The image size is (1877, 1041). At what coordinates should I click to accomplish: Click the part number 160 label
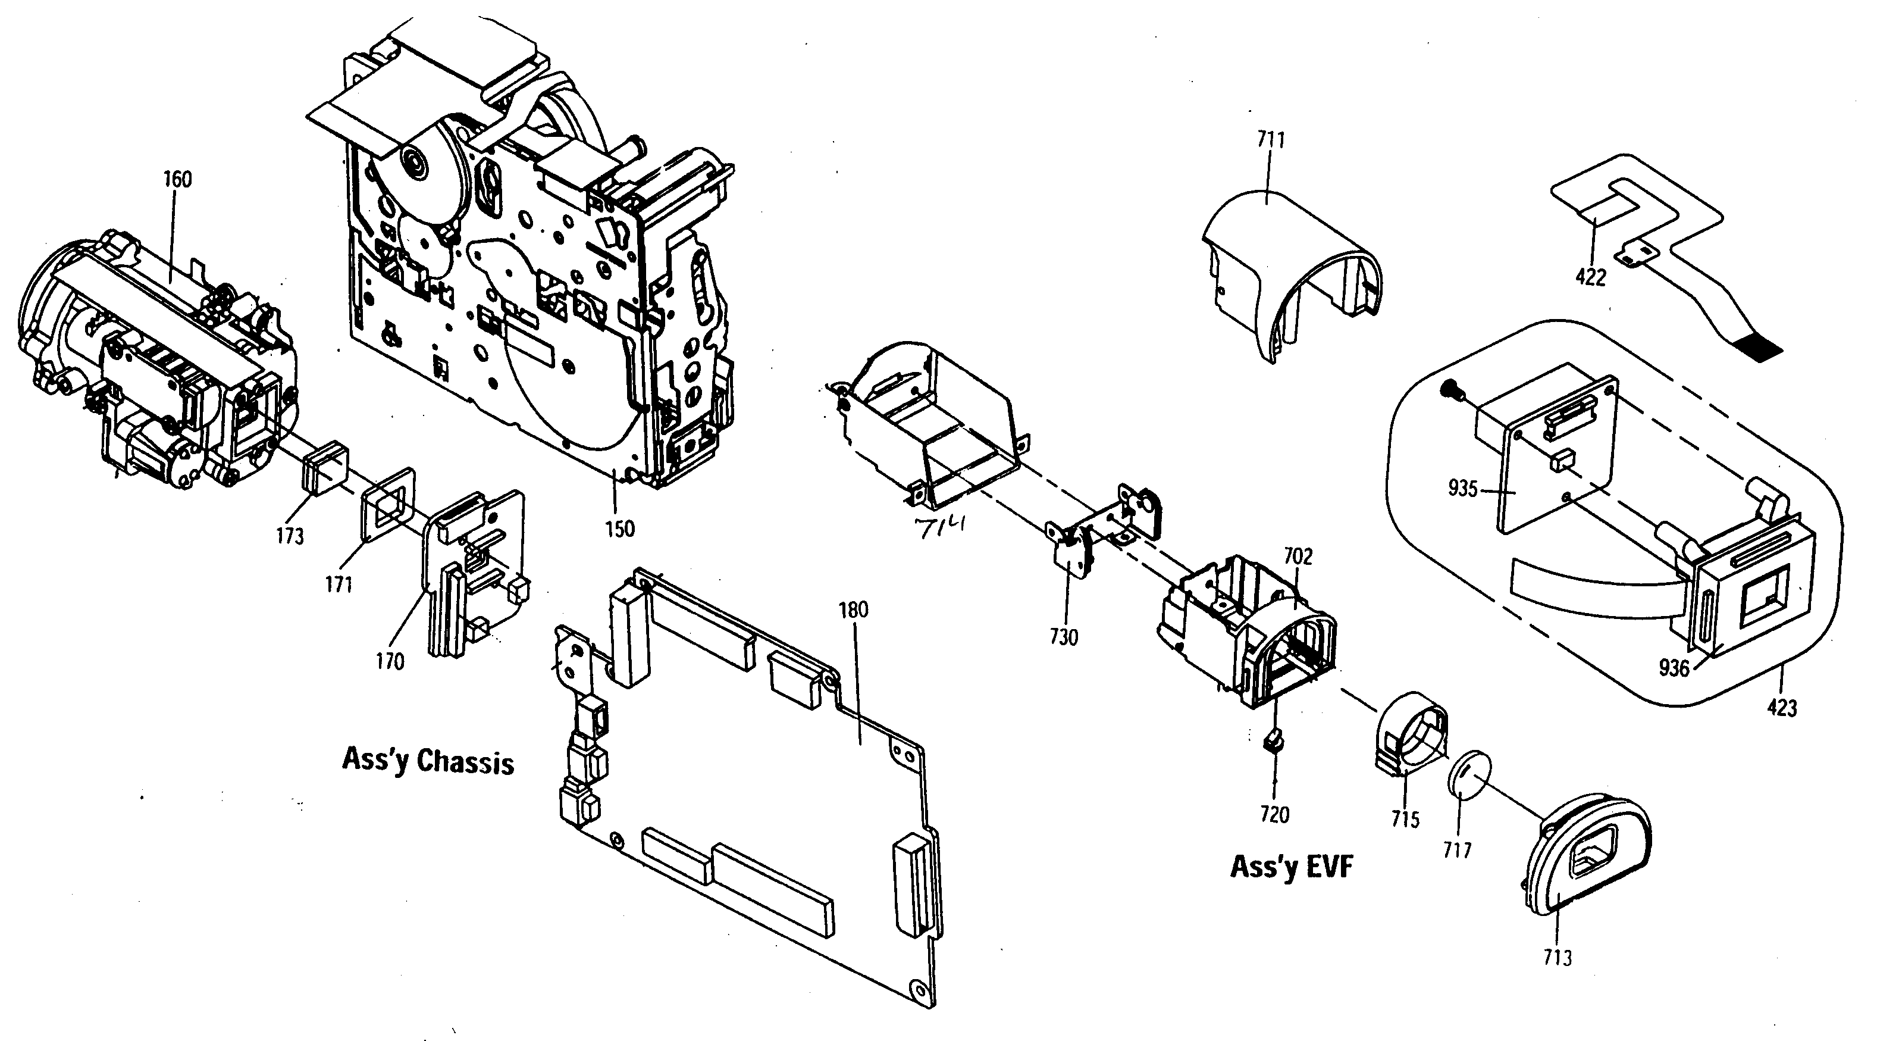click(x=177, y=179)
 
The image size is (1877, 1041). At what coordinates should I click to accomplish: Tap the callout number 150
click(x=619, y=529)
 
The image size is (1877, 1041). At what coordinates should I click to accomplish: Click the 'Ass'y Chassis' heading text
click(x=428, y=762)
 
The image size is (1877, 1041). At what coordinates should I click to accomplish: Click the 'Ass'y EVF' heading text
click(x=1292, y=867)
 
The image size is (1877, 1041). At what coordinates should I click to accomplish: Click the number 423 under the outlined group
click(x=1782, y=707)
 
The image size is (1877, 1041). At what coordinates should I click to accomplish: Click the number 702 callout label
click(x=1298, y=557)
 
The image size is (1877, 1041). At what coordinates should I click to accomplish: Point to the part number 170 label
click(x=390, y=662)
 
